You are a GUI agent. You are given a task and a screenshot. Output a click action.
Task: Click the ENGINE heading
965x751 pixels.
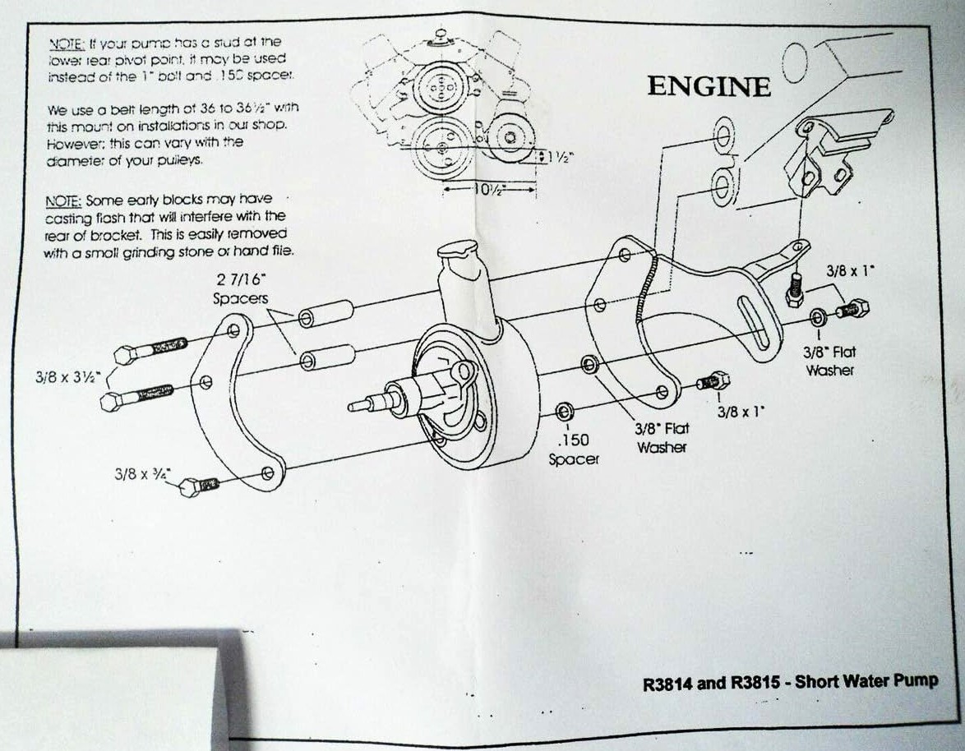click(709, 86)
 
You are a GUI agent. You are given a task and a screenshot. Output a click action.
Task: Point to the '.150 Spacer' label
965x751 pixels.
click(573, 450)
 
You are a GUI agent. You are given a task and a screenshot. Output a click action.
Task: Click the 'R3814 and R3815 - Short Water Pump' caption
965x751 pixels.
click(789, 683)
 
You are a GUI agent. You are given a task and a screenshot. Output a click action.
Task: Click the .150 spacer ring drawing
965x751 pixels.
click(564, 411)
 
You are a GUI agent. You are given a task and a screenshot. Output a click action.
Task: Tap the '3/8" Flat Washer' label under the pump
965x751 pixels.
click(661, 438)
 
